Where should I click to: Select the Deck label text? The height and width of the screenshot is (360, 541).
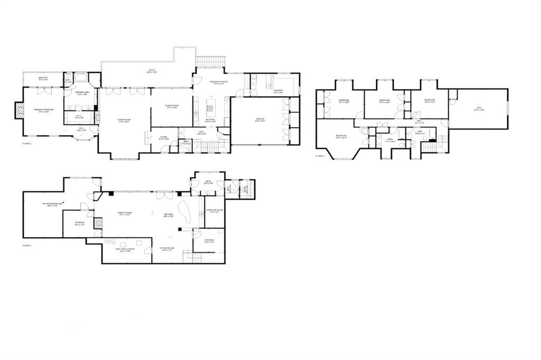pyautogui.click(x=151, y=71)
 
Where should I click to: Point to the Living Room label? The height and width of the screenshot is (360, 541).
pyautogui.click(x=125, y=120)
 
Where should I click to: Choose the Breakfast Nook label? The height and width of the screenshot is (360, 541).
pyautogui.click(x=218, y=82)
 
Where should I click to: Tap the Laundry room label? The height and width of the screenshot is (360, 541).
pyautogui.click(x=279, y=91)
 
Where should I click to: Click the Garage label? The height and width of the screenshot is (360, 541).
pyautogui.click(x=260, y=120)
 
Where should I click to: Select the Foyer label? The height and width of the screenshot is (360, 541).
pyautogui.click(x=164, y=138)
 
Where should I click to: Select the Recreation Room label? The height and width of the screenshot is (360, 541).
pyautogui.click(x=53, y=205)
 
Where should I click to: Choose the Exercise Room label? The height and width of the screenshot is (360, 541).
pyautogui.click(x=214, y=211)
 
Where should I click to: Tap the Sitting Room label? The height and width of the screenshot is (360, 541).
pyautogui.click(x=167, y=249)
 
